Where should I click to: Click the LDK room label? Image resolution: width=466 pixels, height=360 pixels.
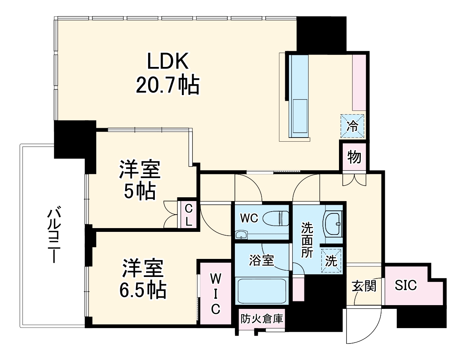click(x=167, y=62)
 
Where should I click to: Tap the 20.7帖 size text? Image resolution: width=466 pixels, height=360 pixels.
click(x=167, y=85)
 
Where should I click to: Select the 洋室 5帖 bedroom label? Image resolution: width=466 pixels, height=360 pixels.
click(x=140, y=180)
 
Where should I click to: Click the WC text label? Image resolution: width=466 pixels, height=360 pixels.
click(x=249, y=218)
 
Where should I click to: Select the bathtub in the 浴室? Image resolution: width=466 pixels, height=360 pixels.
click(x=262, y=291)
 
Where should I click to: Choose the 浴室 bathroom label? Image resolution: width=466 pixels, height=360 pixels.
click(x=262, y=260)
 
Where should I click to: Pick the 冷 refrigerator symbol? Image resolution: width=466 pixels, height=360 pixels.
click(x=353, y=126)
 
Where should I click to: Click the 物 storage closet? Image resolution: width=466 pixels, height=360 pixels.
click(x=354, y=157)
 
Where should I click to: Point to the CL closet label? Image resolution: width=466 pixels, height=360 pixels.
click(x=188, y=214)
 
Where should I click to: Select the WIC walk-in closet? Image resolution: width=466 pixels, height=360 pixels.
click(x=215, y=293)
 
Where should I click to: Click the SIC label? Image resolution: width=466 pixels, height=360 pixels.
click(x=406, y=286)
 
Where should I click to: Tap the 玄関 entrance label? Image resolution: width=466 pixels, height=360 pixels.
click(x=364, y=286)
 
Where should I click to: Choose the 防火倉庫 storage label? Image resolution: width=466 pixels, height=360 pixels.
click(x=262, y=319)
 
